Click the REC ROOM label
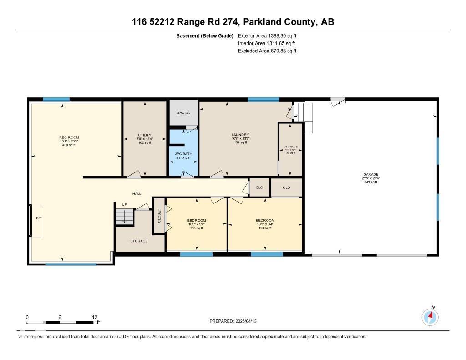click(x=69, y=137)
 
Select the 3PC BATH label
click(x=183, y=154)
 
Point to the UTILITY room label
click(x=145, y=135)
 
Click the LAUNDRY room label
click(x=240, y=135)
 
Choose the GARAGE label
click(x=370, y=174)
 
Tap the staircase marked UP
click(x=125, y=217)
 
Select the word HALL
click(x=137, y=193)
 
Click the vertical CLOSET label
click(x=159, y=216)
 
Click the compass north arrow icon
click(x=430, y=316)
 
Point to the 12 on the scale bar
click(x=95, y=317)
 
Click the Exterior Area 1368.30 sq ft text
click(x=268, y=35)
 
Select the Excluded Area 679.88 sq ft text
click(x=268, y=51)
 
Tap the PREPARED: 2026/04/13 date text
click(x=236, y=321)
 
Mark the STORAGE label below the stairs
click(x=139, y=241)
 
